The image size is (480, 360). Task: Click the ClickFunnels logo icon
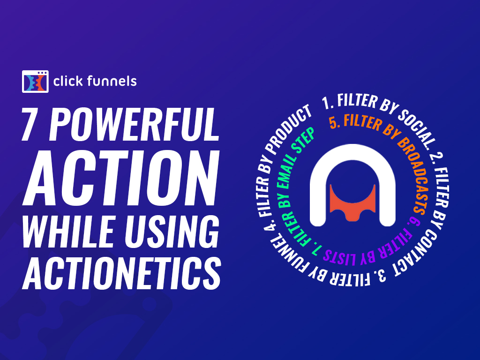35,81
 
